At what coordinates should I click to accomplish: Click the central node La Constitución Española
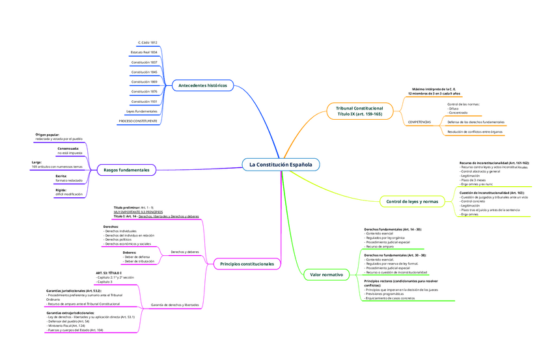[281, 165]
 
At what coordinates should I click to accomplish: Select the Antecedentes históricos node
[202, 85]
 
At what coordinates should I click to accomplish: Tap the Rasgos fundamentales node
[126, 170]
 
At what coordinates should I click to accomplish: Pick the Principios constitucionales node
[247, 264]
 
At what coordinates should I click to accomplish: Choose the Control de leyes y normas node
[413, 202]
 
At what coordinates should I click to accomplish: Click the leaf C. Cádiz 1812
[148, 42]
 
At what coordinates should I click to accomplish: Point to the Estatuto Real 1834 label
[144, 51]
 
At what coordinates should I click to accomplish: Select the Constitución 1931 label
[144, 102]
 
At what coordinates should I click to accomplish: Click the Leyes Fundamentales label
[141, 111]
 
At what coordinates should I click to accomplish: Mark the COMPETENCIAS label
[419, 122]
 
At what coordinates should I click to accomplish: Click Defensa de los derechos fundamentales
[476, 122]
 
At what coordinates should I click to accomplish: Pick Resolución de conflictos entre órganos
[475, 132]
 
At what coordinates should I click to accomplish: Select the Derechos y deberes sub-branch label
[184, 251]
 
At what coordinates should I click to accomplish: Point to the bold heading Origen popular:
[48, 135]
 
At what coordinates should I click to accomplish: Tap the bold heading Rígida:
[61, 190]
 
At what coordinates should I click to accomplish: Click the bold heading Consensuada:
[68, 148]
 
